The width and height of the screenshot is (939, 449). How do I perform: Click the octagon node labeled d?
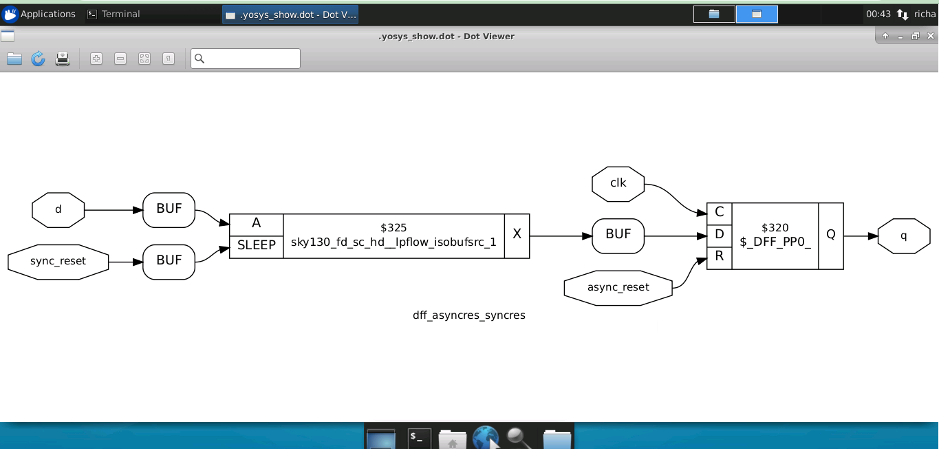click(x=58, y=210)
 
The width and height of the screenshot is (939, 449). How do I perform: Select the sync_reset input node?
click(x=58, y=262)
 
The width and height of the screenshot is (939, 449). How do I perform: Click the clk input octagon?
click(x=618, y=184)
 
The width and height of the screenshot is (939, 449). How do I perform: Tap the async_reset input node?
click(x=618, y=288)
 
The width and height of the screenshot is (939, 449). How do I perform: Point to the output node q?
click(x=904, y=236)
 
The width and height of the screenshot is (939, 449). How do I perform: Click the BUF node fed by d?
click(x=169, y=210)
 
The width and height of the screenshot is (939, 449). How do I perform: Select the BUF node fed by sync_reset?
click(x=169, y=262)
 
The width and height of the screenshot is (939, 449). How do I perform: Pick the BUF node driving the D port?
click(x=618, y=236)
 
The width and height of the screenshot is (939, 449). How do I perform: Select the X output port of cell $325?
click(x=517, y=236)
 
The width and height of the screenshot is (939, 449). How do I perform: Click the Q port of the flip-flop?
click(x=831, y=236)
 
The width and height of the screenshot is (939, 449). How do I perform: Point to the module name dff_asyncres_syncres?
click(x=468, y=315)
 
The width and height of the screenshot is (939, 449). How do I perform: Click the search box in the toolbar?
click(x=245, y=59)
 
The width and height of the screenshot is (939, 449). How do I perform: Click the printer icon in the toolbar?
click(x=63, y=59)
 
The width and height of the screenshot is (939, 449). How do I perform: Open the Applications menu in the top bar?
click(x=39, y=14)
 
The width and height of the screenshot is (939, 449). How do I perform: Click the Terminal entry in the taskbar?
click(x=114, y=14)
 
